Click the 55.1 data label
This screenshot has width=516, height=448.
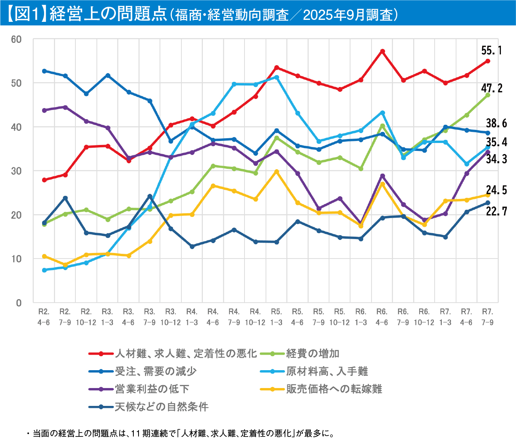coord(491,51)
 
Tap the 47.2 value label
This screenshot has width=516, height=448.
coord(492,88)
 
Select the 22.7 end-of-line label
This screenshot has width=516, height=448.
coord(497,212)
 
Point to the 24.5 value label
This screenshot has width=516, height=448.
coord(497,190)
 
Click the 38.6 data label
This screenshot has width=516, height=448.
coord(497,124)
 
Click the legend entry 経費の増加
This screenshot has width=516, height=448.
coord(312,353)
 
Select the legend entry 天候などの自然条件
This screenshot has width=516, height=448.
coord(161,407)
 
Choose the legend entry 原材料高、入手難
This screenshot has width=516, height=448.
coord(327,371)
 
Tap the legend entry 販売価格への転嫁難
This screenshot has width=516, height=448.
coord(334,389)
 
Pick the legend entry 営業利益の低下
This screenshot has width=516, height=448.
coord(152,389)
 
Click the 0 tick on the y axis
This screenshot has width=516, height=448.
coord(19,303)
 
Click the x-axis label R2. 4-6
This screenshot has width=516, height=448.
coord(44,317)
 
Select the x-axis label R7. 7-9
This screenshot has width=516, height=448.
coord(487,317)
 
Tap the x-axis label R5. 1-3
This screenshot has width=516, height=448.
coord(276,317)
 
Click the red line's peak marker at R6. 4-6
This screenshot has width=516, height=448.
coord(382,51)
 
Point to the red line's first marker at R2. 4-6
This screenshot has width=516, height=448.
coord(44,180)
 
